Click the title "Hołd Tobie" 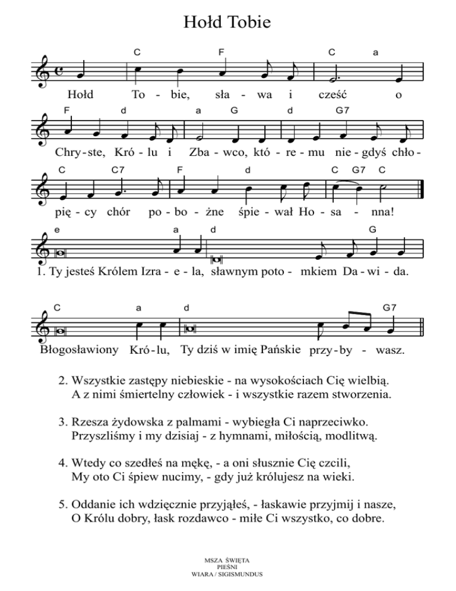[x=227, y=23]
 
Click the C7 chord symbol [x=117, y=169]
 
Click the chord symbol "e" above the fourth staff [x=56, y=229]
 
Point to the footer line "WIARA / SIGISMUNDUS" [x=228, y=574]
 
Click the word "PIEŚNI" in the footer [x=228, y=567]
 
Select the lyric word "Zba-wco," [x=212, y=152]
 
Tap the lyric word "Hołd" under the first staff [x=81, y=94]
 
